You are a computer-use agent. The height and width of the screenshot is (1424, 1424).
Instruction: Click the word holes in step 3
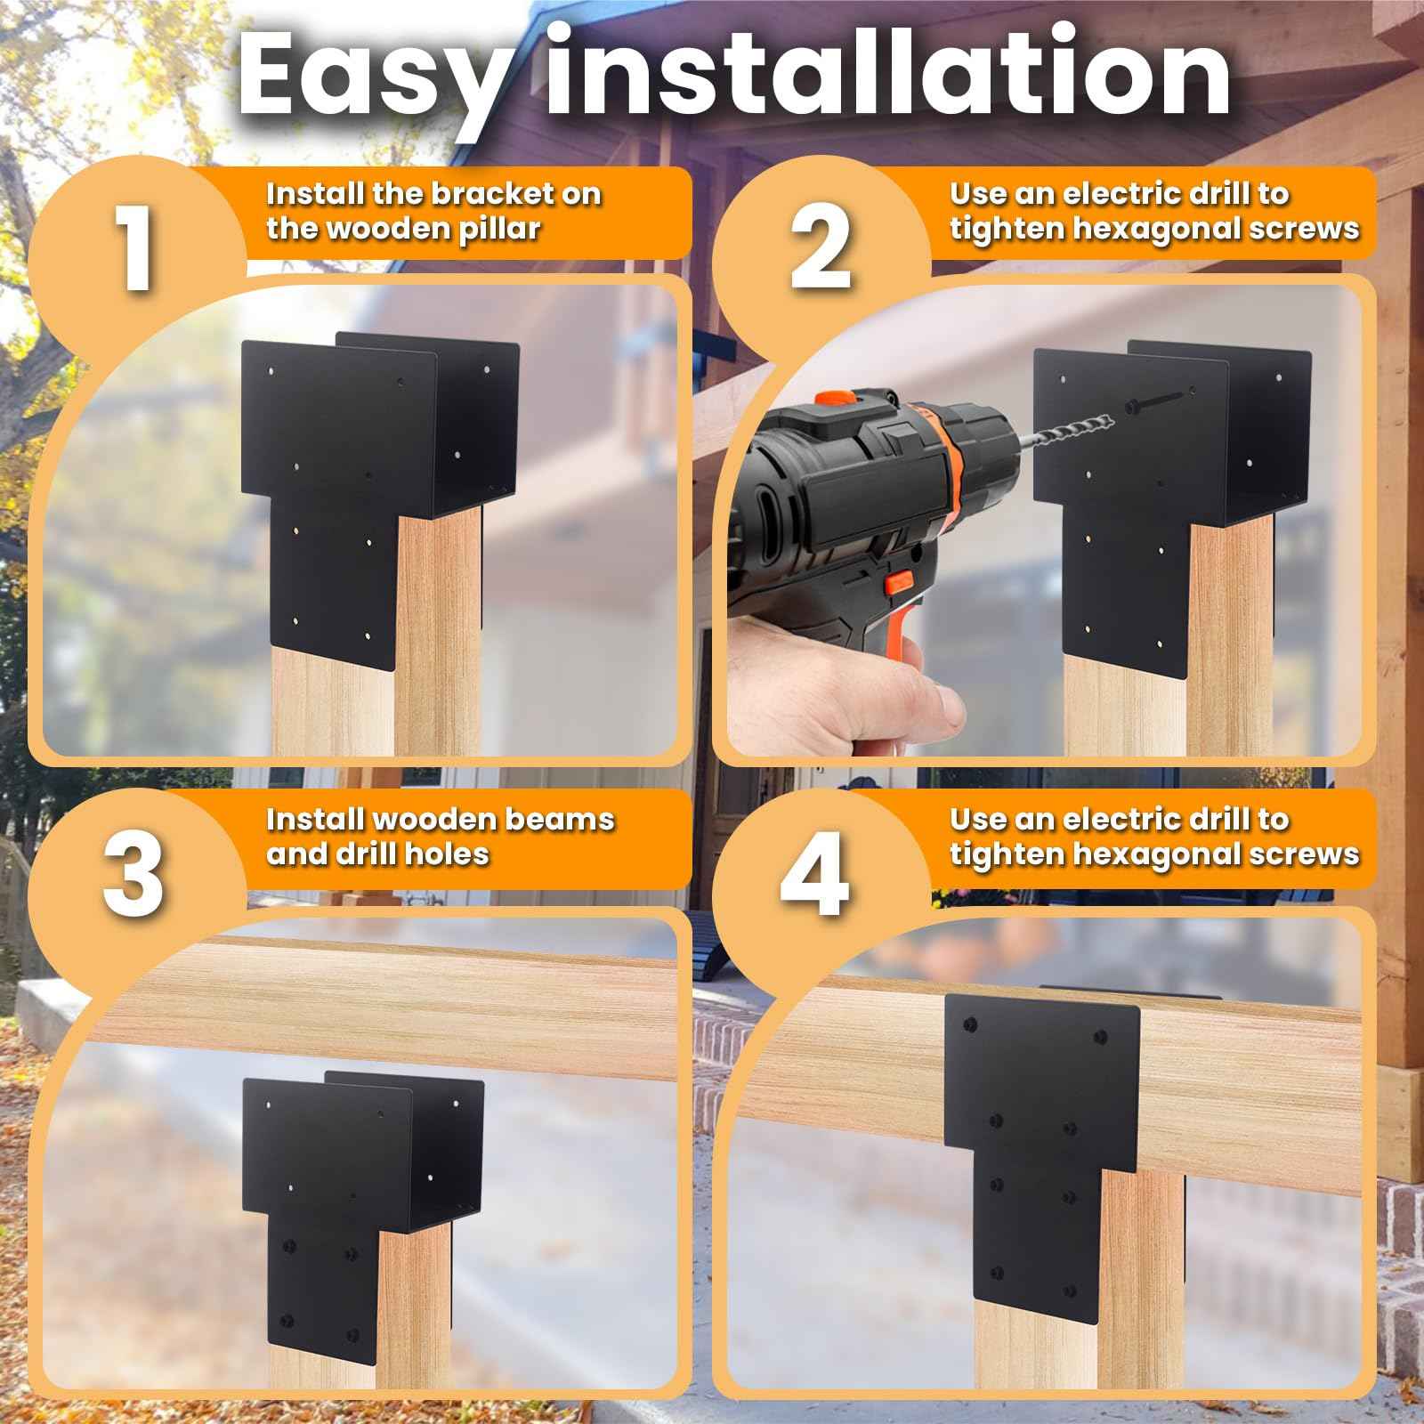[447, 854]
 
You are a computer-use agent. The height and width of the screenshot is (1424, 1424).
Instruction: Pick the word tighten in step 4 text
[1005, 854]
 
